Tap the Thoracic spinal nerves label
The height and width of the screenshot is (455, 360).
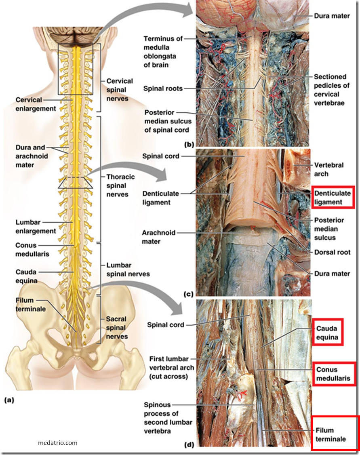[120, 185]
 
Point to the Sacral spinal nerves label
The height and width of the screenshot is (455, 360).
[116, 327]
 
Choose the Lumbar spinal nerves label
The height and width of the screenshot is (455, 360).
[128, 270]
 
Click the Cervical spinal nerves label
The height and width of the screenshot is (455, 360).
[120, 90]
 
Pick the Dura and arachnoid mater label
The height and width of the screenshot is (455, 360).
[31, 156]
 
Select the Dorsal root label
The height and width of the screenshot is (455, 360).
[333, 252]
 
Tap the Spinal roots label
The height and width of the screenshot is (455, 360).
[163, 88]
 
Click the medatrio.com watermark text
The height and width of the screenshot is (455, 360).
[57, 443]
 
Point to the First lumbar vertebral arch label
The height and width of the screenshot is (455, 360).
[171, 367]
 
